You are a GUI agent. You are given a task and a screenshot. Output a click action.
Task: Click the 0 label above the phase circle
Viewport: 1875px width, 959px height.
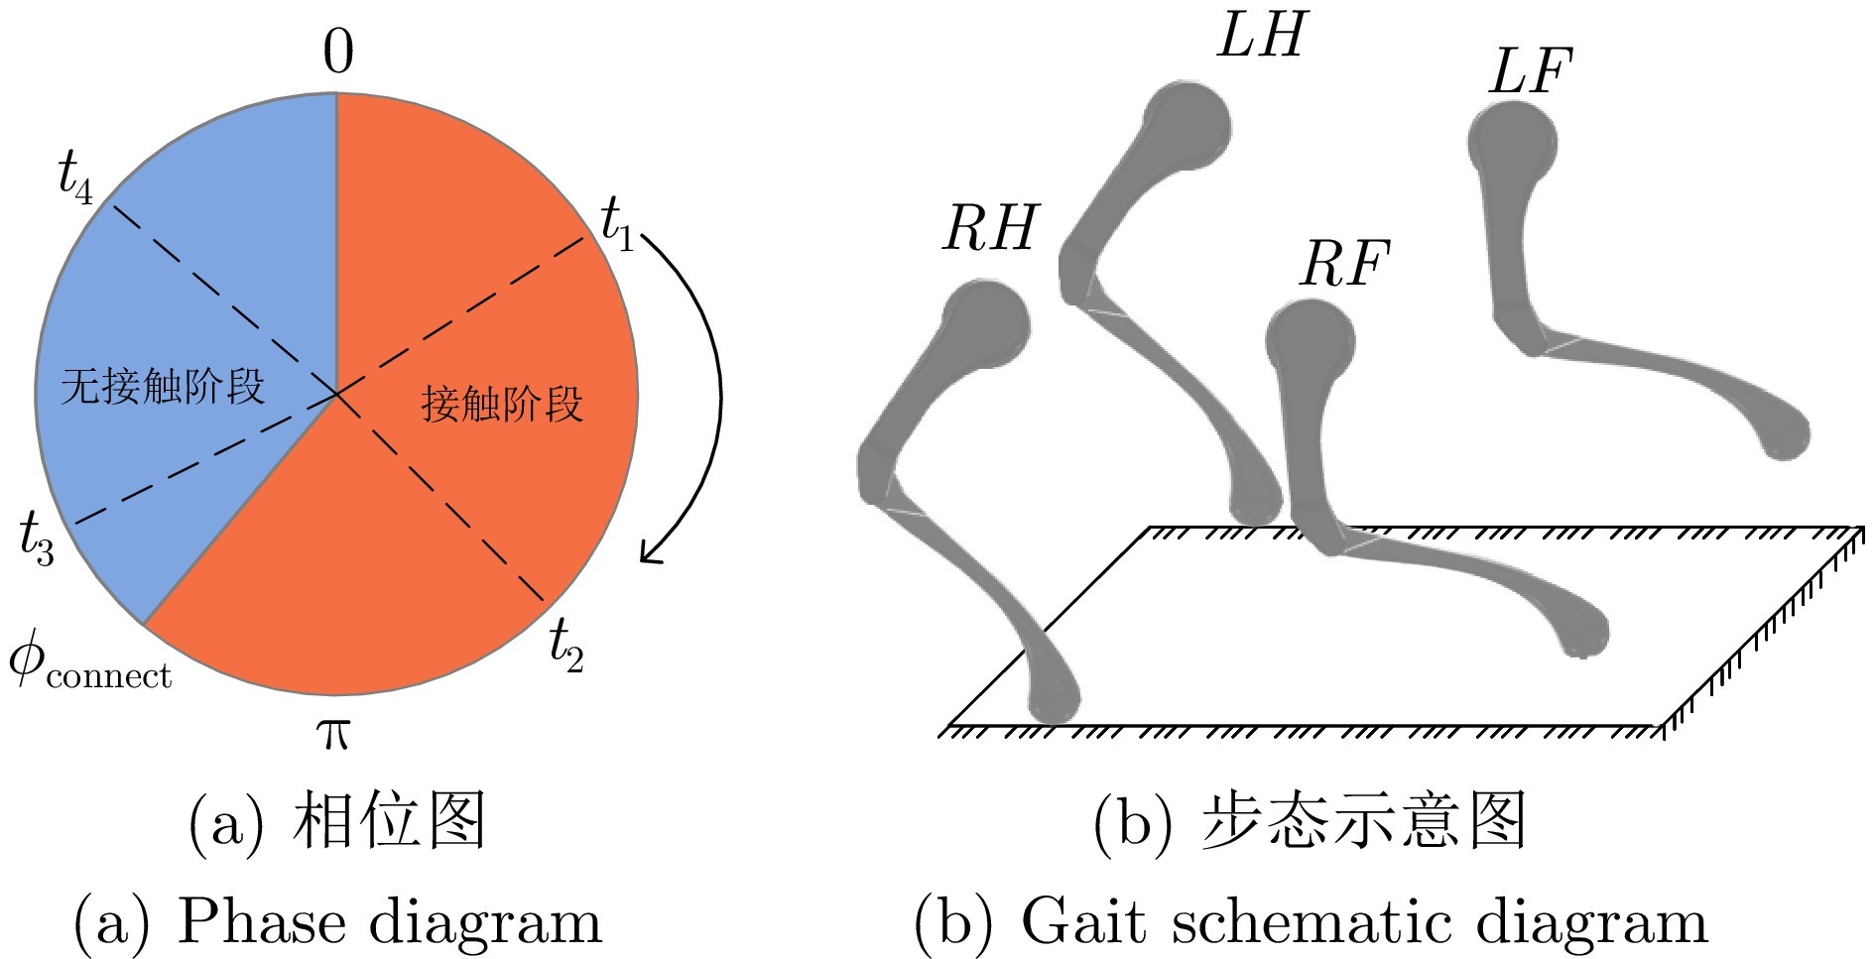(338, 53)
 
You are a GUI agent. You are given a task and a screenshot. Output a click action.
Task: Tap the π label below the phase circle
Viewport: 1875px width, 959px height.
(332, 734)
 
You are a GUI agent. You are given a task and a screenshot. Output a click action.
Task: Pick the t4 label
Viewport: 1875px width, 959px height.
(75, 178)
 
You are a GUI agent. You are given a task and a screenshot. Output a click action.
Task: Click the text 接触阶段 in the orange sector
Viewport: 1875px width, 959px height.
(502, 404)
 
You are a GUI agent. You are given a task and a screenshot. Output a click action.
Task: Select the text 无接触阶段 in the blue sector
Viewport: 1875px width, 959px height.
(164, 385)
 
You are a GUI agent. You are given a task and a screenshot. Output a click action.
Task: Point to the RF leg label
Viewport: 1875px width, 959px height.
(1345, 264)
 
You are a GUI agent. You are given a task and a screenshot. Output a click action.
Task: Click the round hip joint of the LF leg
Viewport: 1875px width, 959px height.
(1512, 142)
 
